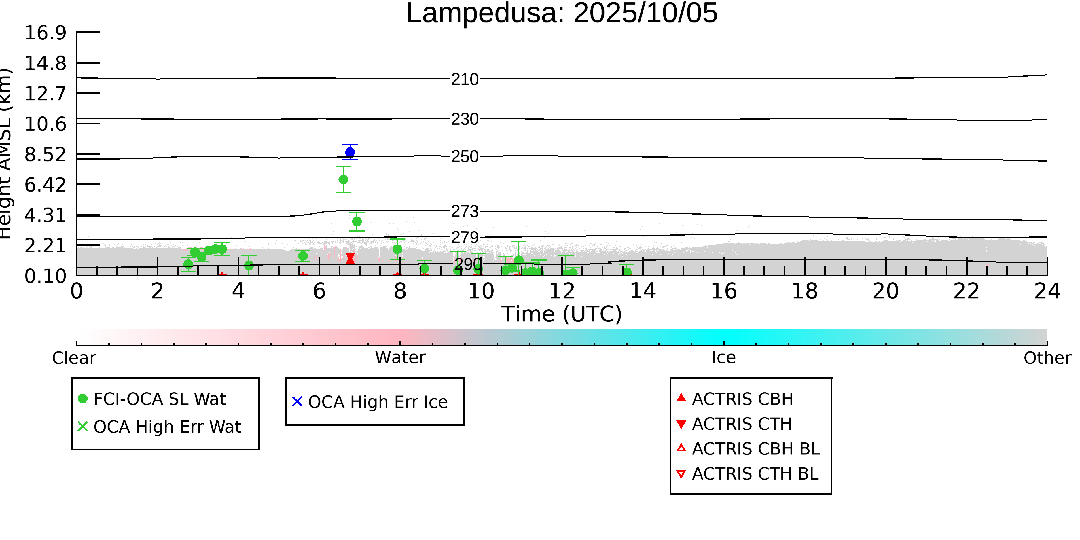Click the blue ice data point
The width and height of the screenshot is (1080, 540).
pos(350,152)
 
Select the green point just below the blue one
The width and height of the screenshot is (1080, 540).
pos(343,179)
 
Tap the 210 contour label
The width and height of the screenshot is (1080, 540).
pos(465,79)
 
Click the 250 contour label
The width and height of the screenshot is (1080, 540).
pos(465,156)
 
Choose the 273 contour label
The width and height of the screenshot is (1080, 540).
pos(465,211)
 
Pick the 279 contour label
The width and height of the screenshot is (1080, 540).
pos(465,238)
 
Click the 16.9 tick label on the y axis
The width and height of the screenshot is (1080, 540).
pos(45,33)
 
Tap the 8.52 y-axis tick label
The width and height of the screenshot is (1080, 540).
pos(45,154)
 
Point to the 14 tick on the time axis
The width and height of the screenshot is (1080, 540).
pos(643,291)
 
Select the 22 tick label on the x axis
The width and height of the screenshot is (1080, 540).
pos(966,291)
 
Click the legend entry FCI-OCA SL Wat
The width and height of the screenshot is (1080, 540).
pos(159,399)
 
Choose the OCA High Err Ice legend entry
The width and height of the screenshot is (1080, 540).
pos(377,402)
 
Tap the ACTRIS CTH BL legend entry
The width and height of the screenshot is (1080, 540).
pos(755,474)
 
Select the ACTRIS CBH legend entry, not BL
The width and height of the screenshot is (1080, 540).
pos(742,399)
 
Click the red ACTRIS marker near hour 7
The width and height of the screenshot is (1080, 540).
pos(350,258)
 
